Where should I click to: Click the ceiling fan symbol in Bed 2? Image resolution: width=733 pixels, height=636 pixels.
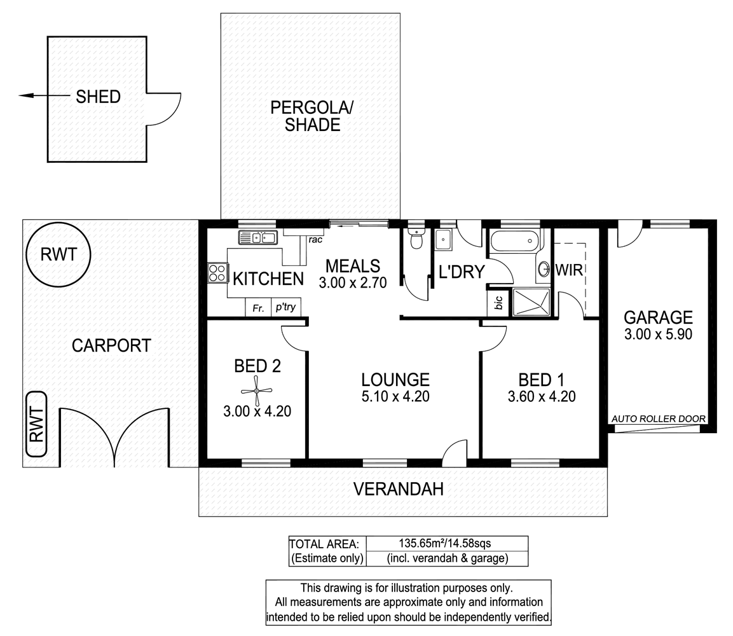pos(257,391)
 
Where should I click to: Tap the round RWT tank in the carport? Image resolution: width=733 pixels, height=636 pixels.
pos(58,255)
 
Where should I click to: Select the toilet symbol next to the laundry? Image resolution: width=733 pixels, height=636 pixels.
pos(415,238)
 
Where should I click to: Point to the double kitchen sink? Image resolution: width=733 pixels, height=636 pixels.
pos(258,238)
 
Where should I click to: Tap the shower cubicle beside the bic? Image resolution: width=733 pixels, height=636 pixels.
pos(531,302)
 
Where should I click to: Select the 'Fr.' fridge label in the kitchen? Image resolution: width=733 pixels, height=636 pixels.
pos(259,308)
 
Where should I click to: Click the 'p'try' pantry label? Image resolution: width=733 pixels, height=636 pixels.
pos(285,307)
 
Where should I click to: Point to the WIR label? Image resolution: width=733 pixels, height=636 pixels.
pos(569,270)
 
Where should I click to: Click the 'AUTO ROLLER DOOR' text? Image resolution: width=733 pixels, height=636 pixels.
pos(658,419)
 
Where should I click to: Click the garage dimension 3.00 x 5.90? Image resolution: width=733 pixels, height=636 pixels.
pos(658,335)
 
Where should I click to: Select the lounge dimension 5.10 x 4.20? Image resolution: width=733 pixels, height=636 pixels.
pos(395,397)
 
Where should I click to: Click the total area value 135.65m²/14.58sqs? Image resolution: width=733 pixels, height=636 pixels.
pos(444,543)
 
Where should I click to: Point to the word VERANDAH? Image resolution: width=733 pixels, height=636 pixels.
pos(399,489)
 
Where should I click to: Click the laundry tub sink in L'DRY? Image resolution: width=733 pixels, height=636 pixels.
pos(442,240)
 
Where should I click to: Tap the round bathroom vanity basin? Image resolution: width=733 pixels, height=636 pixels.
pos(544,269)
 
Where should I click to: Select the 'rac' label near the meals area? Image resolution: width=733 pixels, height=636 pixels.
pos(315,240)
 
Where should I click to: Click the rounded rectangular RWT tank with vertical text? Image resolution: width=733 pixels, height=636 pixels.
pos(36,424)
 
